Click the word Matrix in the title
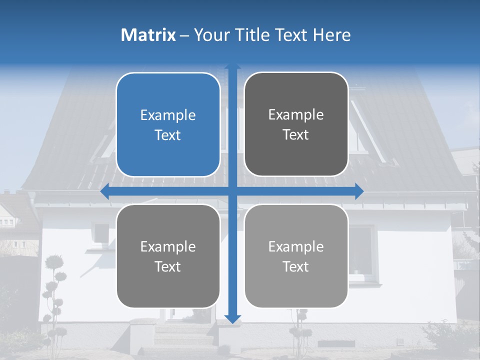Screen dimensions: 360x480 coord(148,35)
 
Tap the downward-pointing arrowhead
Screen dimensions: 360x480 coord(232,318)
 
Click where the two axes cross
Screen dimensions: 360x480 coord(232,191)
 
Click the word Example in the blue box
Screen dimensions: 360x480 coord(168,115)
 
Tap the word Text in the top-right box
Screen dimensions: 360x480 coord(296,135)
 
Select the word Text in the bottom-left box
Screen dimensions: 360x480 coord(168,266)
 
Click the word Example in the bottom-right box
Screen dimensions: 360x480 coord(296,246)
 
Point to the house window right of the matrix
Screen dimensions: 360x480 coord(361,250)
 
